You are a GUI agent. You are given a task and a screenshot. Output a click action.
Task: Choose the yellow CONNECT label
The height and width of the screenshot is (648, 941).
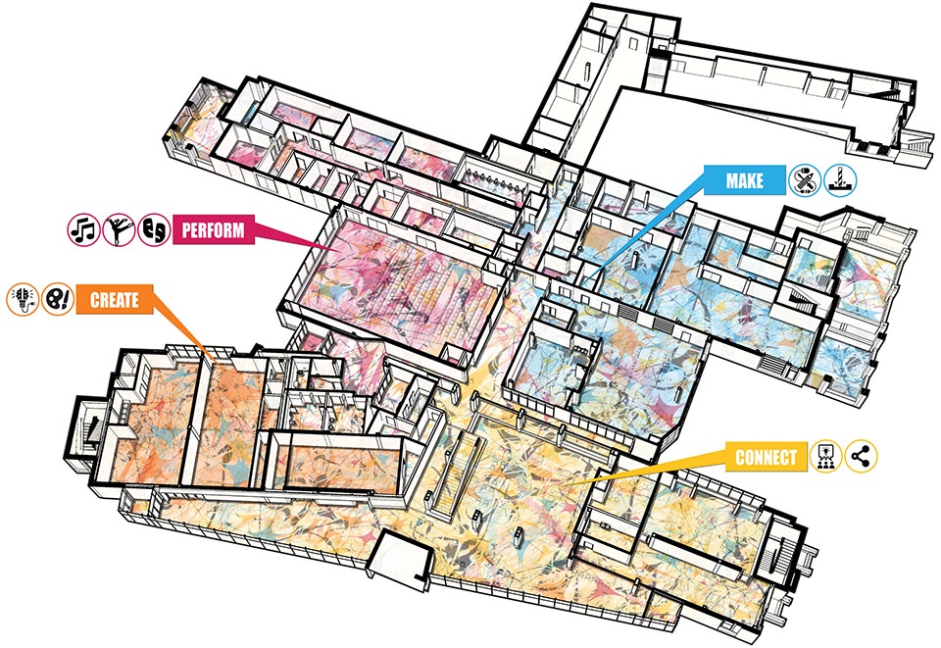coord(766,457)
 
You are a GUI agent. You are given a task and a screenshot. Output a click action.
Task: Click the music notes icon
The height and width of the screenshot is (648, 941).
coord(82,230)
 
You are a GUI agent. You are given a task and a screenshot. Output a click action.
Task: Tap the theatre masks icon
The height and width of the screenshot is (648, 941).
coord(155,230)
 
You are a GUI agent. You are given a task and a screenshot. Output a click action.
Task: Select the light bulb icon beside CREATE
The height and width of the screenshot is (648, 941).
coord(22,299)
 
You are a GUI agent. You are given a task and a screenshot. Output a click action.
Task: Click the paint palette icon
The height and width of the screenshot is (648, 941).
coord(56,299)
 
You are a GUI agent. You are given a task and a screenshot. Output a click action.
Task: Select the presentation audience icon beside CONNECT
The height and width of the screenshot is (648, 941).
coord(825,456)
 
